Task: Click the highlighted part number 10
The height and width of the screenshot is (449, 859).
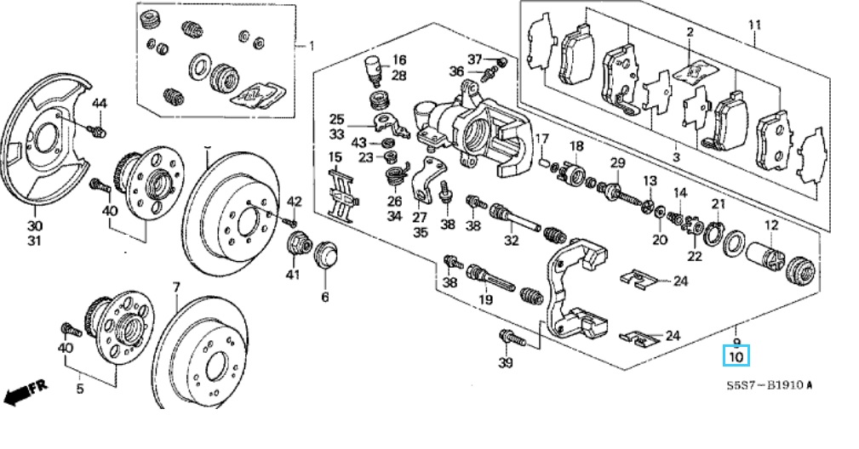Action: tap(736, 357)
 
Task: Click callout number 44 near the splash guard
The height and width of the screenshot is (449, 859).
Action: tap(100, 104)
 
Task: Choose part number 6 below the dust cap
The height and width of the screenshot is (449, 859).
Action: tap(324, 297)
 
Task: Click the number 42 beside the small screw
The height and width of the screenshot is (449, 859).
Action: tap(294, 202)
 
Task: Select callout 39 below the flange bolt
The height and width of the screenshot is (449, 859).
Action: tap(506, 364)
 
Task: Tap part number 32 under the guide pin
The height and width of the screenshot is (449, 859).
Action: tap(511, 241)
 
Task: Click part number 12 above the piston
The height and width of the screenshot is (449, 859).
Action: tap(771, 225)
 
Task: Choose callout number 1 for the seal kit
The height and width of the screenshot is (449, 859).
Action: tap(311, 45)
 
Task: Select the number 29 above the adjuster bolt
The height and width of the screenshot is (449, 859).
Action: tap(617, 162)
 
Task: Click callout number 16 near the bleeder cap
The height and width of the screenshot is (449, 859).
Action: tap(398, 60)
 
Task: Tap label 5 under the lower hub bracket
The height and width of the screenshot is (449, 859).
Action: tap(81, 389)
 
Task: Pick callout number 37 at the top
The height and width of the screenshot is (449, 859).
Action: tap(474, 59)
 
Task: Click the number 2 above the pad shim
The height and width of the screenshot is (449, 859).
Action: tap(690, 32)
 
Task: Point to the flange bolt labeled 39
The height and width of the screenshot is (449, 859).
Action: tap(512, 338)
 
